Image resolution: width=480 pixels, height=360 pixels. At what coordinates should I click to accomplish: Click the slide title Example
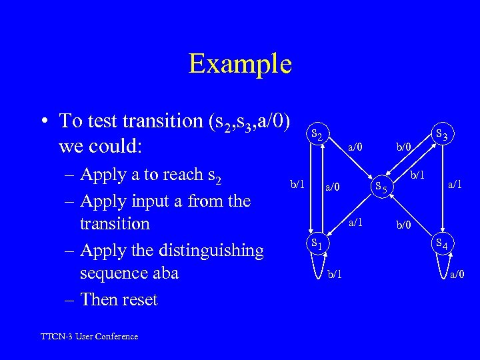tap(240, 63)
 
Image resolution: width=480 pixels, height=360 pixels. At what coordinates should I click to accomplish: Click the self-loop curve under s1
tap(318, 267)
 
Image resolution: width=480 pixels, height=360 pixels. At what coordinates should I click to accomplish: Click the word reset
tap(137, 300)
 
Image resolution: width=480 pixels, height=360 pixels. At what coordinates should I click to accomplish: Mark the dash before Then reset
tap(69, 300)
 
